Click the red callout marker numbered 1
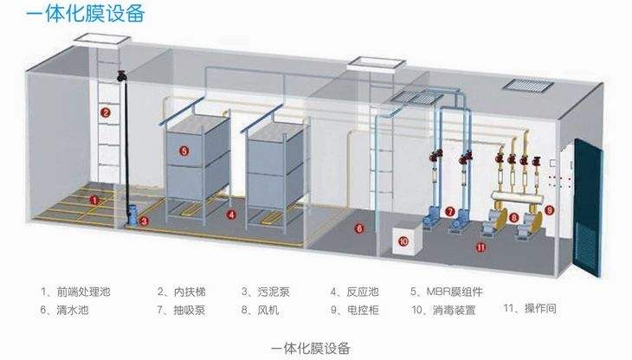[94, 199]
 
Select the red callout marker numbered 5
[184, 150]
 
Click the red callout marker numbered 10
[403, 241]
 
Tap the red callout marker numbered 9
[549, 210]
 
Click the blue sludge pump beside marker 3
[132, 214]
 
